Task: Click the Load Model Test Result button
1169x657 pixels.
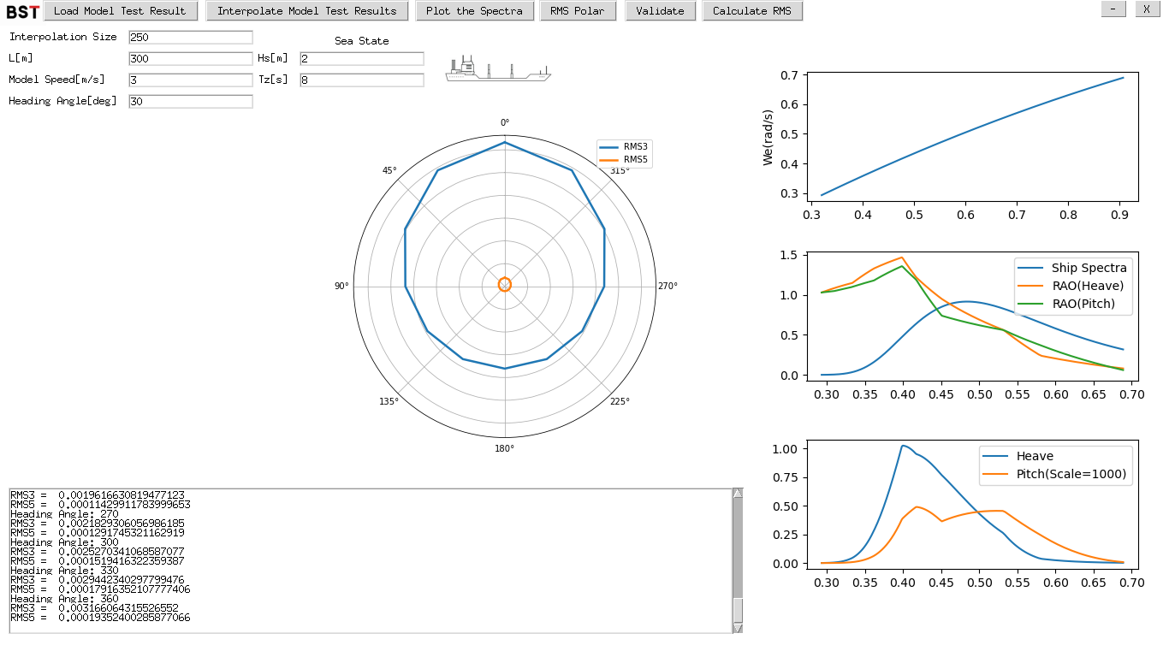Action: click(120, 11)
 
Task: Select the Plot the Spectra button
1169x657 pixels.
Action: click(474, 11)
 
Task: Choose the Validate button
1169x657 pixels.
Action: click(660, 11)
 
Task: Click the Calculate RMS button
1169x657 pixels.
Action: click(752, 11)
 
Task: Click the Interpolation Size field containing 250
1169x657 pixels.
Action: click(190, 38)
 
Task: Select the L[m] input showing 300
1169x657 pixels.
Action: click(190, 59)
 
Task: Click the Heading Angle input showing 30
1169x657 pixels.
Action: click(190, 102)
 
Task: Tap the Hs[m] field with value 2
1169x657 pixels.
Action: click(361, 59)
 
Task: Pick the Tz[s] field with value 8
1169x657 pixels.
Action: click(361, 80)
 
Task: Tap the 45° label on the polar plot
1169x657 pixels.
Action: click(389, 170)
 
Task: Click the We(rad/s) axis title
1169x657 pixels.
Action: click(768, 138)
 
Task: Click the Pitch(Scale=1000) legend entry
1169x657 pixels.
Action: click(1071, 474)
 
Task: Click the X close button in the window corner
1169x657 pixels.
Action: click(1147, 9)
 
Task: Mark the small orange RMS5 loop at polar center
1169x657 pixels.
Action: click(505, 285)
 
